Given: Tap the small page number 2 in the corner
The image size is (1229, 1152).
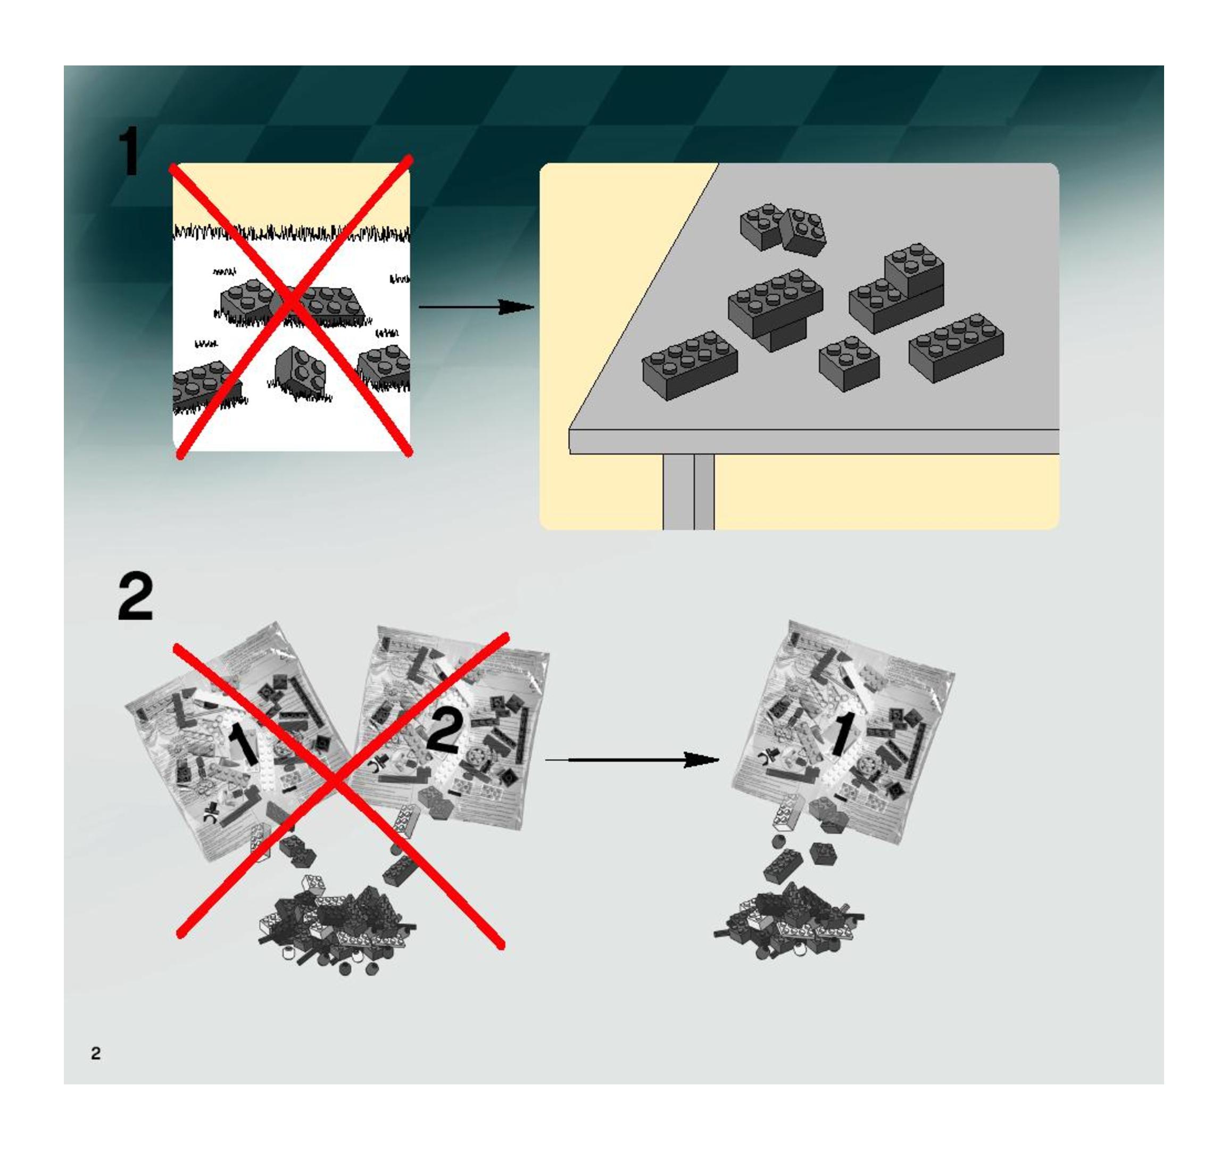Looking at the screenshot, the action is tap(96, 1053).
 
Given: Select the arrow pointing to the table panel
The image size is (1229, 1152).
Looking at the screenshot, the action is tap(476, 306).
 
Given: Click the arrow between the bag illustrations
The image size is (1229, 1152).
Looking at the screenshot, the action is tap(632, 760).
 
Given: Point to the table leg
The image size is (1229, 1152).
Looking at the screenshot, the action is tap(688, 492).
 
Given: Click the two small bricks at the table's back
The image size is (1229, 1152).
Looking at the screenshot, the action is tap(783, 229).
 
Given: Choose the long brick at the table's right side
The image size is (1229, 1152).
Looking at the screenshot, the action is tap(956, 347).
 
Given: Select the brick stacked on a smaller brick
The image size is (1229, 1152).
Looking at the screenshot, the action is tap(776, 309).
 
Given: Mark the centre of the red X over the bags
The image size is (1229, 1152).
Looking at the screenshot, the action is tap(337, 783).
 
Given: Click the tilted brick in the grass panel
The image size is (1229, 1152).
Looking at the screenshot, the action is tap(300, 371).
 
